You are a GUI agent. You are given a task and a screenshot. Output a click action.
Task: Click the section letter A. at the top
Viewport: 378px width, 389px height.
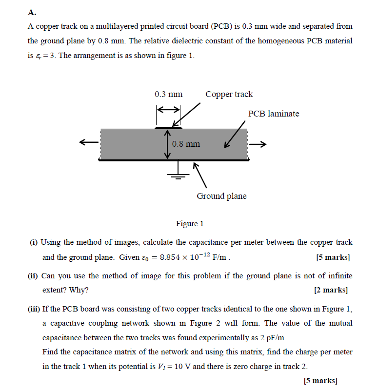[32, 11]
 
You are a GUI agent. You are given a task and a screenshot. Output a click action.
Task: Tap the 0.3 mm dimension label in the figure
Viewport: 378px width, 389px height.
[168, 94]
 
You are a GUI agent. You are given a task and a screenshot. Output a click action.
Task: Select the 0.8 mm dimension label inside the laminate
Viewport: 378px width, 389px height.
[186, 144]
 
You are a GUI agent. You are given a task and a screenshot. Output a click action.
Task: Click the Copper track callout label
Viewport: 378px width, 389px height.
[229, 94]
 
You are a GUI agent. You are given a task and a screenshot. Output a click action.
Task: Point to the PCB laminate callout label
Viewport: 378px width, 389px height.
[273, 114]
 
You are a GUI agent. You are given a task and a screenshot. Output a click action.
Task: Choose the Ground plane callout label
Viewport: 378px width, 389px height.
[221, 196]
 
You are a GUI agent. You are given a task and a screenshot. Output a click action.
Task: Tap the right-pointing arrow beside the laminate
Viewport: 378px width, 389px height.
[258, 144]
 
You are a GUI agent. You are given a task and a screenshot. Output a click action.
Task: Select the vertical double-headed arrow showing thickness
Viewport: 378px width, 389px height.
[167, 144]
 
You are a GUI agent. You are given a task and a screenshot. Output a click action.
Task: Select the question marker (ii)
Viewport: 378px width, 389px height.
[34, 276]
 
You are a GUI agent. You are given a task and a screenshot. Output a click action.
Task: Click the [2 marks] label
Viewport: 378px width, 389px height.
[331, 290]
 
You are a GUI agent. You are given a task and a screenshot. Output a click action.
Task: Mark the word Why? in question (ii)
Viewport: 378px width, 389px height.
[80, 290]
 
